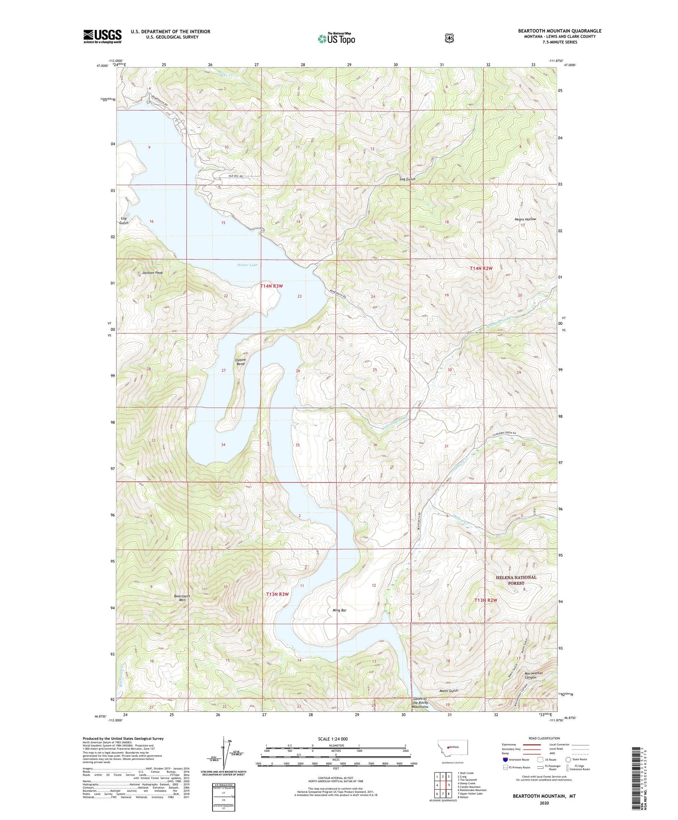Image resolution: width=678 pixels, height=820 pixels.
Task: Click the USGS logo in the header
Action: [x=102, y=36]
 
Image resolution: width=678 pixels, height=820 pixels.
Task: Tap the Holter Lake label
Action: [x=247, y=265]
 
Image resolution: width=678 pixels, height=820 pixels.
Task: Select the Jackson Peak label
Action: [x=152, y=273]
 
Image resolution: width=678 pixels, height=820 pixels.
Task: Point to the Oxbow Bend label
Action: [x=240, y=362]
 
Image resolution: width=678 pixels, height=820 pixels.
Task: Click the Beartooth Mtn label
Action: [x=182, y=598]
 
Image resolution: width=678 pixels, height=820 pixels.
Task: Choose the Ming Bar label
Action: [x=339, y=610]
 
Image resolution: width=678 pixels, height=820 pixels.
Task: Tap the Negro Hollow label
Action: [x=525, y=219]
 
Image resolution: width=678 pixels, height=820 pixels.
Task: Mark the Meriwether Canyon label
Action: [x=533, y=675]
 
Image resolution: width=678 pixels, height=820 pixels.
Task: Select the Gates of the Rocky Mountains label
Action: [x=420, y=702]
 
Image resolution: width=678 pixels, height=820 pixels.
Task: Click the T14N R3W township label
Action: [x=272, y=286]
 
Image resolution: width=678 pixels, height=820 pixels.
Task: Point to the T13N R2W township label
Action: [x=485, y=600]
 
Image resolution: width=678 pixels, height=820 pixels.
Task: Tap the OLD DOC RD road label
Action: [x=235, y=176]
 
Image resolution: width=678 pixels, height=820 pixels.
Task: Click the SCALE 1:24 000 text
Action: [x=333, y=739]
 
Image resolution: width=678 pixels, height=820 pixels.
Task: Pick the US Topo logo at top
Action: [x=336, y=38]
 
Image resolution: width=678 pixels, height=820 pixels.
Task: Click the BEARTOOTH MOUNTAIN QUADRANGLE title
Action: [x=560, y=31]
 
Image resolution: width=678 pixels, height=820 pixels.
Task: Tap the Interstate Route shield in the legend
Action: [x=505, y=759]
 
